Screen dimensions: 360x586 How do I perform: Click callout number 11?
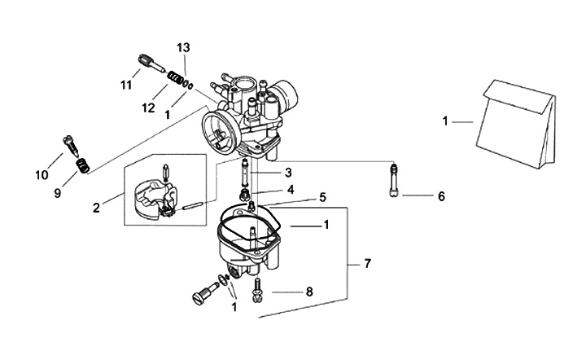click(126, 85)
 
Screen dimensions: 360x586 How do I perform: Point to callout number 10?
click(42, 174)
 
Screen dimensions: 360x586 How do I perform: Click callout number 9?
click(58, 194)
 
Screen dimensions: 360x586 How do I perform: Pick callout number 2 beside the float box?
click(96, 208)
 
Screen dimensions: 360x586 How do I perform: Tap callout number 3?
click(287, 173)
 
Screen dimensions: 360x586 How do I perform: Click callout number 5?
click(322, 196)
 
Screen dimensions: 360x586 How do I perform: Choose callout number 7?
click(367, 264)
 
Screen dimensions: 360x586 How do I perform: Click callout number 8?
click(308, 290)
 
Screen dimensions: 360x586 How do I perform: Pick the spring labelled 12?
click(173, 79)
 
